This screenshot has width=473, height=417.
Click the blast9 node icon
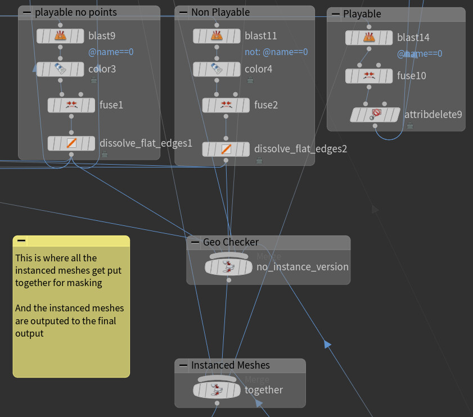coord(60,36)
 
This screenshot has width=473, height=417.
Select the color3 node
coord(60,69)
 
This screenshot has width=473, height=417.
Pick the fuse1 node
coord(71,105)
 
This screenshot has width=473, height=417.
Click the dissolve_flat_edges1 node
coord(71,143)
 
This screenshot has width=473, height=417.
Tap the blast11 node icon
coord(217,36)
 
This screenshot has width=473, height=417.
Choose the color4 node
coord(217,69)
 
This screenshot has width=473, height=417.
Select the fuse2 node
coord(226,105)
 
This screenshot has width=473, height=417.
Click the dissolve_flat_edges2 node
coord(226,149)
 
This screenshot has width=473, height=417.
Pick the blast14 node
coord(368,38)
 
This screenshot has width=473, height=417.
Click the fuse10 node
coord(368,75)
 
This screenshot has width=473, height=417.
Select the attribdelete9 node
coord(376,115)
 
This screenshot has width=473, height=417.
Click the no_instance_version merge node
coord(228,267)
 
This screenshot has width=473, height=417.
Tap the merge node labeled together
coord(217,390)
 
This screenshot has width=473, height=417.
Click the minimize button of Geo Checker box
coord(195,242)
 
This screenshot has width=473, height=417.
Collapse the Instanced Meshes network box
coord(183,365)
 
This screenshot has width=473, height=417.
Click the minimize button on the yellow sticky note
coord(21,241)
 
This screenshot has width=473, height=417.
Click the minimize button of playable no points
coord(27,12)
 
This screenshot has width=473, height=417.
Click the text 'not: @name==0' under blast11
coord(276,52)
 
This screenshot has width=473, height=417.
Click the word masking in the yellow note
coord(84,283)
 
